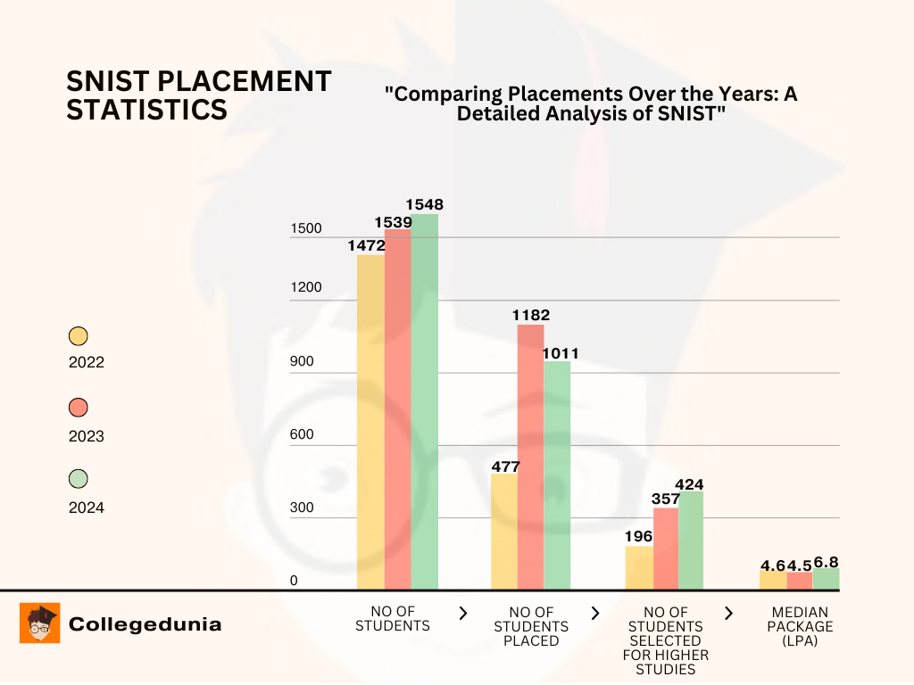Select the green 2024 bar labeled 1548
coord(425,401)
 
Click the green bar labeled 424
coord(691,540)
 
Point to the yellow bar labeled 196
coord(639,567)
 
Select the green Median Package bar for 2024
coord(826,579)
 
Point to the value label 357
coord(666,499)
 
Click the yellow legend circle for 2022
coord(79,336)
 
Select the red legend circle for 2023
coord(79,408)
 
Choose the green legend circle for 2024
coord(79,479)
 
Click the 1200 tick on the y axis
coord(305,287)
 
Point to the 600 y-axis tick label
coord(303,434)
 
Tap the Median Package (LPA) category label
coord(800,626)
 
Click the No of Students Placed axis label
coord(531,626)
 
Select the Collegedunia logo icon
coord(39,623)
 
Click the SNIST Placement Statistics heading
coord(198,95)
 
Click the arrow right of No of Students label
coord(462,613)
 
